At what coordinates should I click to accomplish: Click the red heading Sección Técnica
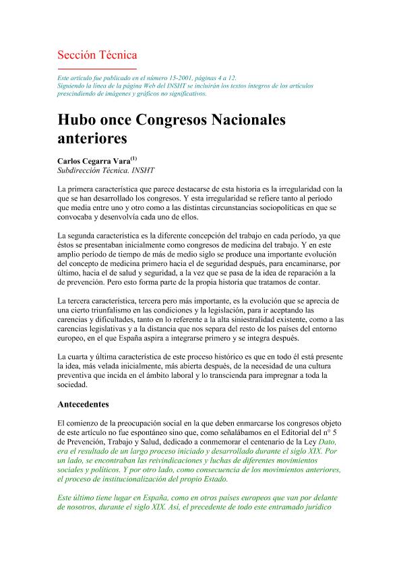pos(98,55)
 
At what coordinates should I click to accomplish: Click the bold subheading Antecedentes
pos(88,405)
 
